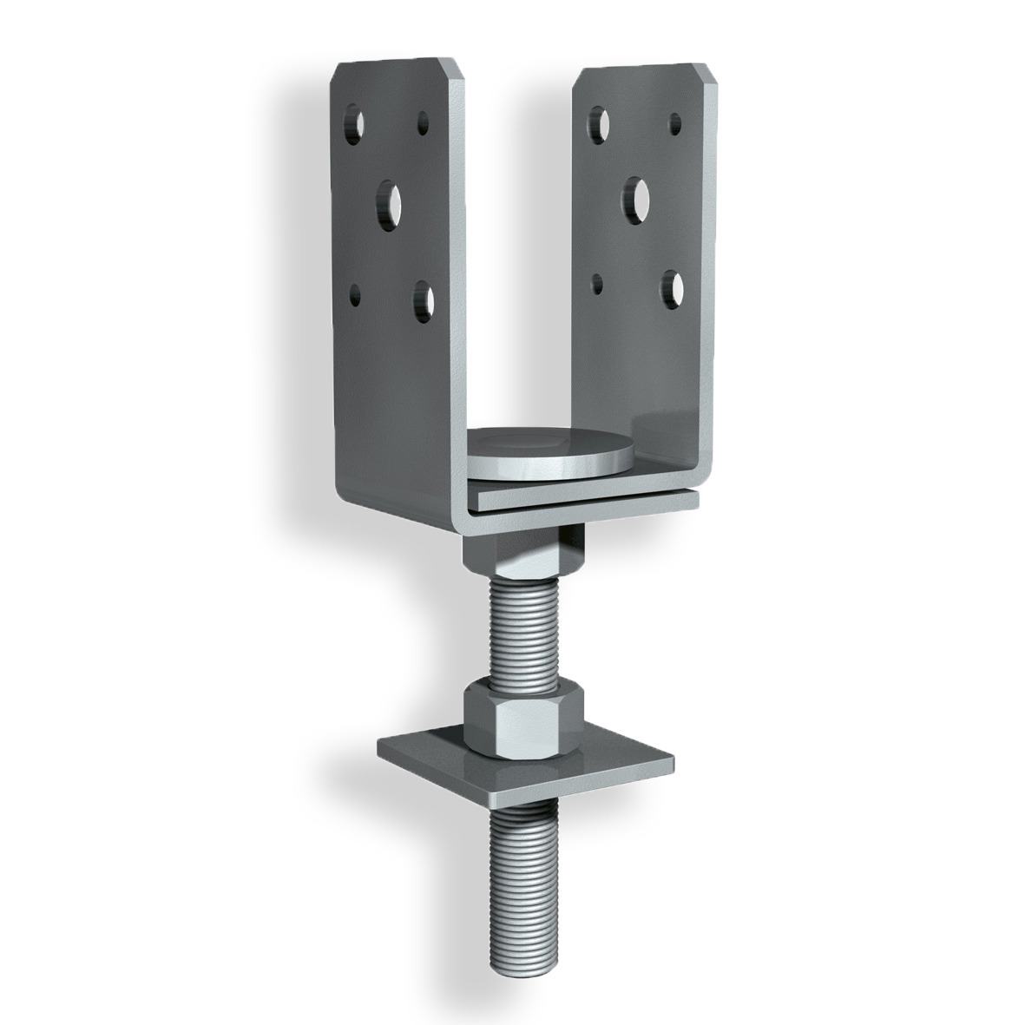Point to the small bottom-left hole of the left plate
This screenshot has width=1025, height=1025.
(354, 294)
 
